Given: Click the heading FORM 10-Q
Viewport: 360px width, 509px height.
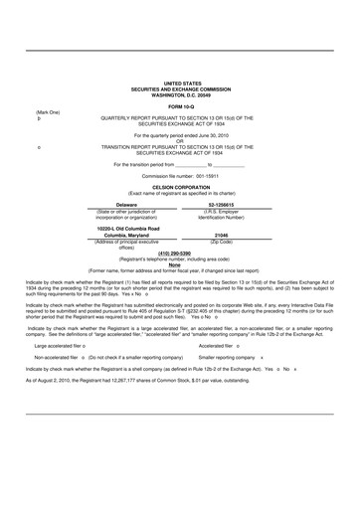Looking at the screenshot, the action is [x=180, y=105].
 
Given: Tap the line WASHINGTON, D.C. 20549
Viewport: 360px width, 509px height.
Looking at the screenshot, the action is [x=180, y=94].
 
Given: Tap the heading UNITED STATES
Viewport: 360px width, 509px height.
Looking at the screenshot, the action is [x=180, y=85].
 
